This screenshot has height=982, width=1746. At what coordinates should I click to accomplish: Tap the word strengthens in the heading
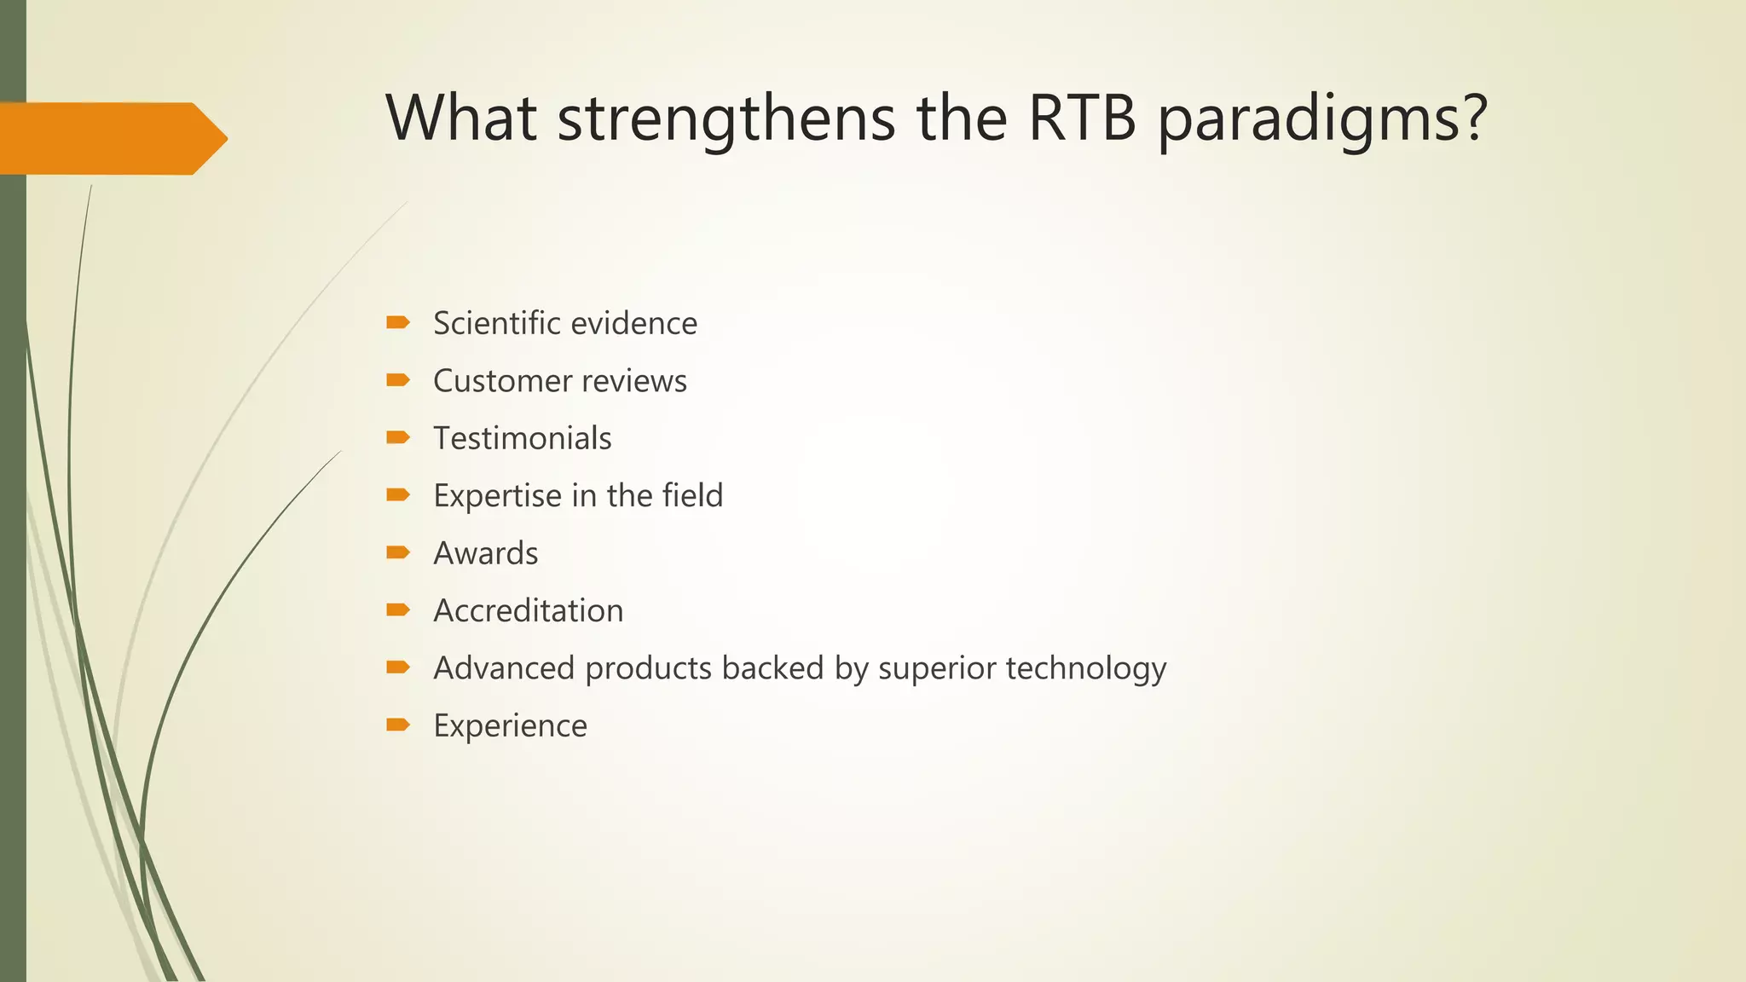click(x=726, y=119)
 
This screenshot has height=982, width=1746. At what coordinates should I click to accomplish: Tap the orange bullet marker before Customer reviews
click(x=398, y=380)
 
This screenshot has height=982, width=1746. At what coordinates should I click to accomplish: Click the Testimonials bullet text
click(x=522, y=438)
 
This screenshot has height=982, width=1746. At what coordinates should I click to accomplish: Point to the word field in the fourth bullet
click(x=690, y=495)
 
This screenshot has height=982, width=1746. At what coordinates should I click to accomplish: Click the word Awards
click(x=485, y=553)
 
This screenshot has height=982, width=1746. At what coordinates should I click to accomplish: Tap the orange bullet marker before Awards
click(x=398, y=552)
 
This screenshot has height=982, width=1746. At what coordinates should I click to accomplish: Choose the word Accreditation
click(x=528, y=610)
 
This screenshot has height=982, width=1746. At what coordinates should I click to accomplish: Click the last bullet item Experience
click(x=510, y=726)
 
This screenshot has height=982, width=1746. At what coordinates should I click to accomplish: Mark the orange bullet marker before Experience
click(x=398, y=725)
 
